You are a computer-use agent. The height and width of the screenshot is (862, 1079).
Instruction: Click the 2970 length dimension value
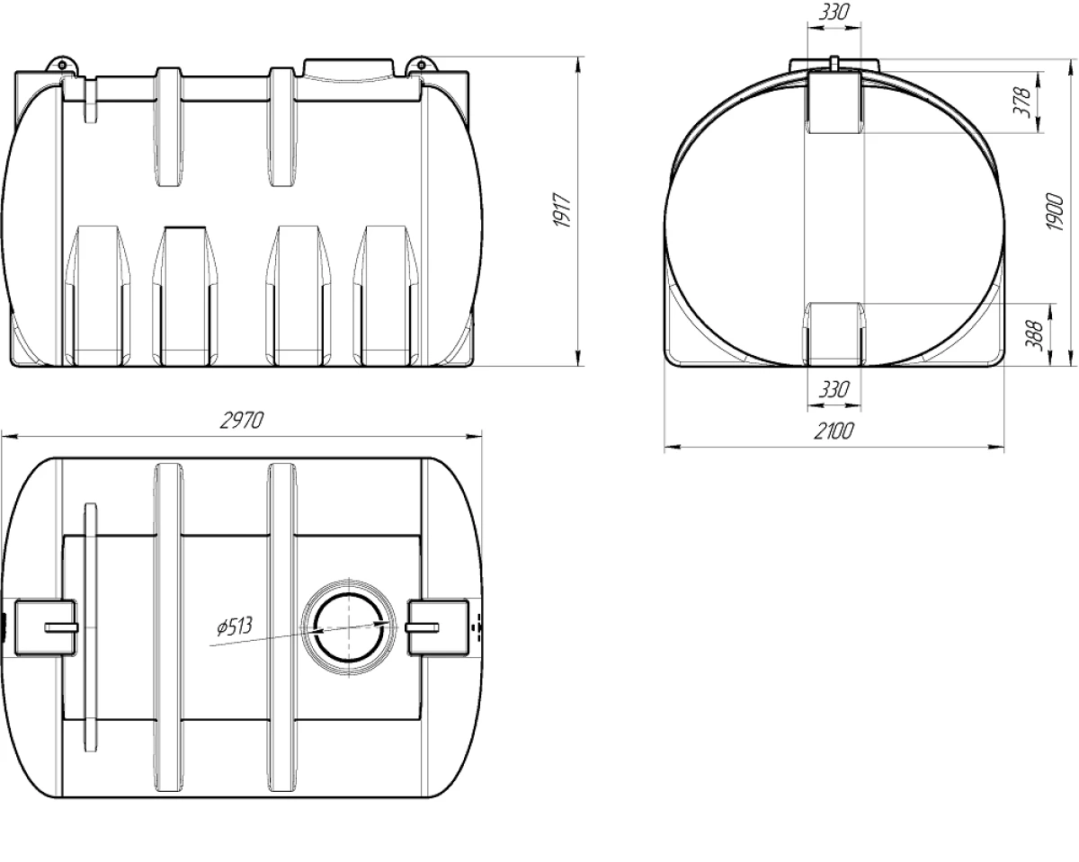242,421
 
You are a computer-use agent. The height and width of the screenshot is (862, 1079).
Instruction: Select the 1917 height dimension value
564,210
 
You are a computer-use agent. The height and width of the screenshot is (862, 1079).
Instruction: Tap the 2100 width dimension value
834,431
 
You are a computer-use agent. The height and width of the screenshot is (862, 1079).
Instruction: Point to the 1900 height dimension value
1056,211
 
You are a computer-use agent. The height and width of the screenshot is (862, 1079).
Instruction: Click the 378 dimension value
1021,102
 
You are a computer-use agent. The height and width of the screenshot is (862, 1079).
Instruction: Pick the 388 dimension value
1034,335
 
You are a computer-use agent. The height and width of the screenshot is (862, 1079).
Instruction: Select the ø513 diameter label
234,627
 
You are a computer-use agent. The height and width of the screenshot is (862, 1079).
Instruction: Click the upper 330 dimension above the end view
834,13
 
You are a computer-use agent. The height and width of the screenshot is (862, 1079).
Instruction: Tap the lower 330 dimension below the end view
834,389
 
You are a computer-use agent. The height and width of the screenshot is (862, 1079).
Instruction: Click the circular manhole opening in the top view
349,627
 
